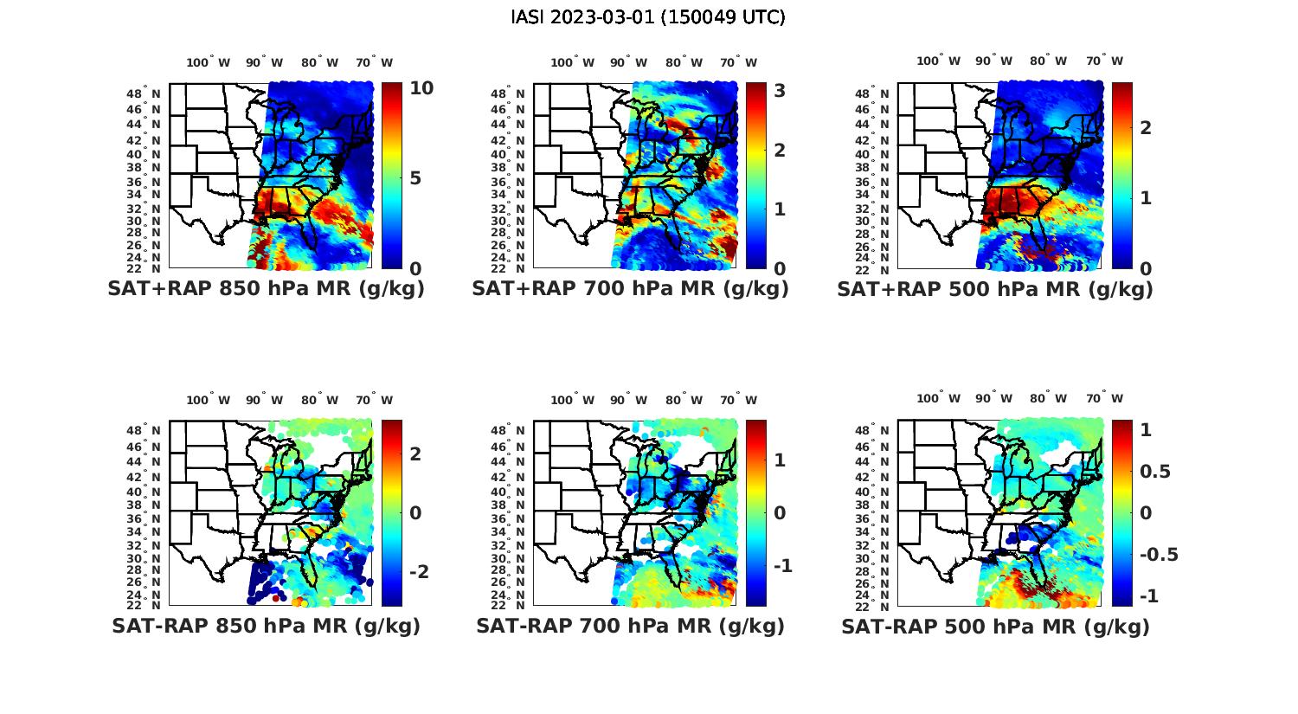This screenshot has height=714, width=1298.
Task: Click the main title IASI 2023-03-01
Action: click(648, 17)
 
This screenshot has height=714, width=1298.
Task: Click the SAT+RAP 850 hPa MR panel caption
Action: click(266, 289)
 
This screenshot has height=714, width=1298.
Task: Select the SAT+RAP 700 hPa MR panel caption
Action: click(630, 289)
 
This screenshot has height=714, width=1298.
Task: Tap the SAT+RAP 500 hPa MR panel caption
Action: click(995, 289)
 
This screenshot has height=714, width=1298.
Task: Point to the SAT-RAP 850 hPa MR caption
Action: click(266, 626)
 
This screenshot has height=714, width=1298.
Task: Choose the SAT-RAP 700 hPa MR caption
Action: click(630, 626)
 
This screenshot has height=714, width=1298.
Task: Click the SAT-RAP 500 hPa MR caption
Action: click(995, 627)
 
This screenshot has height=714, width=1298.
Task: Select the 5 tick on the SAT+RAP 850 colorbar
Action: click(416, 178)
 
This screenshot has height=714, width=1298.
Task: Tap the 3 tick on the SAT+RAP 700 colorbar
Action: click(780, 90)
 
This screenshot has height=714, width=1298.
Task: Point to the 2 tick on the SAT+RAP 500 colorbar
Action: click(1146, 128)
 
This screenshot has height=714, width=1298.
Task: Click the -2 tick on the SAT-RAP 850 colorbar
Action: click(419, 572)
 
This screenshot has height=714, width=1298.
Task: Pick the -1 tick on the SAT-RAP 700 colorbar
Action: click(782, 565)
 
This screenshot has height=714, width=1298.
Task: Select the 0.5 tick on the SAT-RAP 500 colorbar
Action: click(1155, 471)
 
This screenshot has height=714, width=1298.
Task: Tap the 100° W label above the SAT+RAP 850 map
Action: click(209, 62)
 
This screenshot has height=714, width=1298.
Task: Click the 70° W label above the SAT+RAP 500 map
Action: click(1105, 61)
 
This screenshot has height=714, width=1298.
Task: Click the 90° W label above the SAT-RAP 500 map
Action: click(994, 399)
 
